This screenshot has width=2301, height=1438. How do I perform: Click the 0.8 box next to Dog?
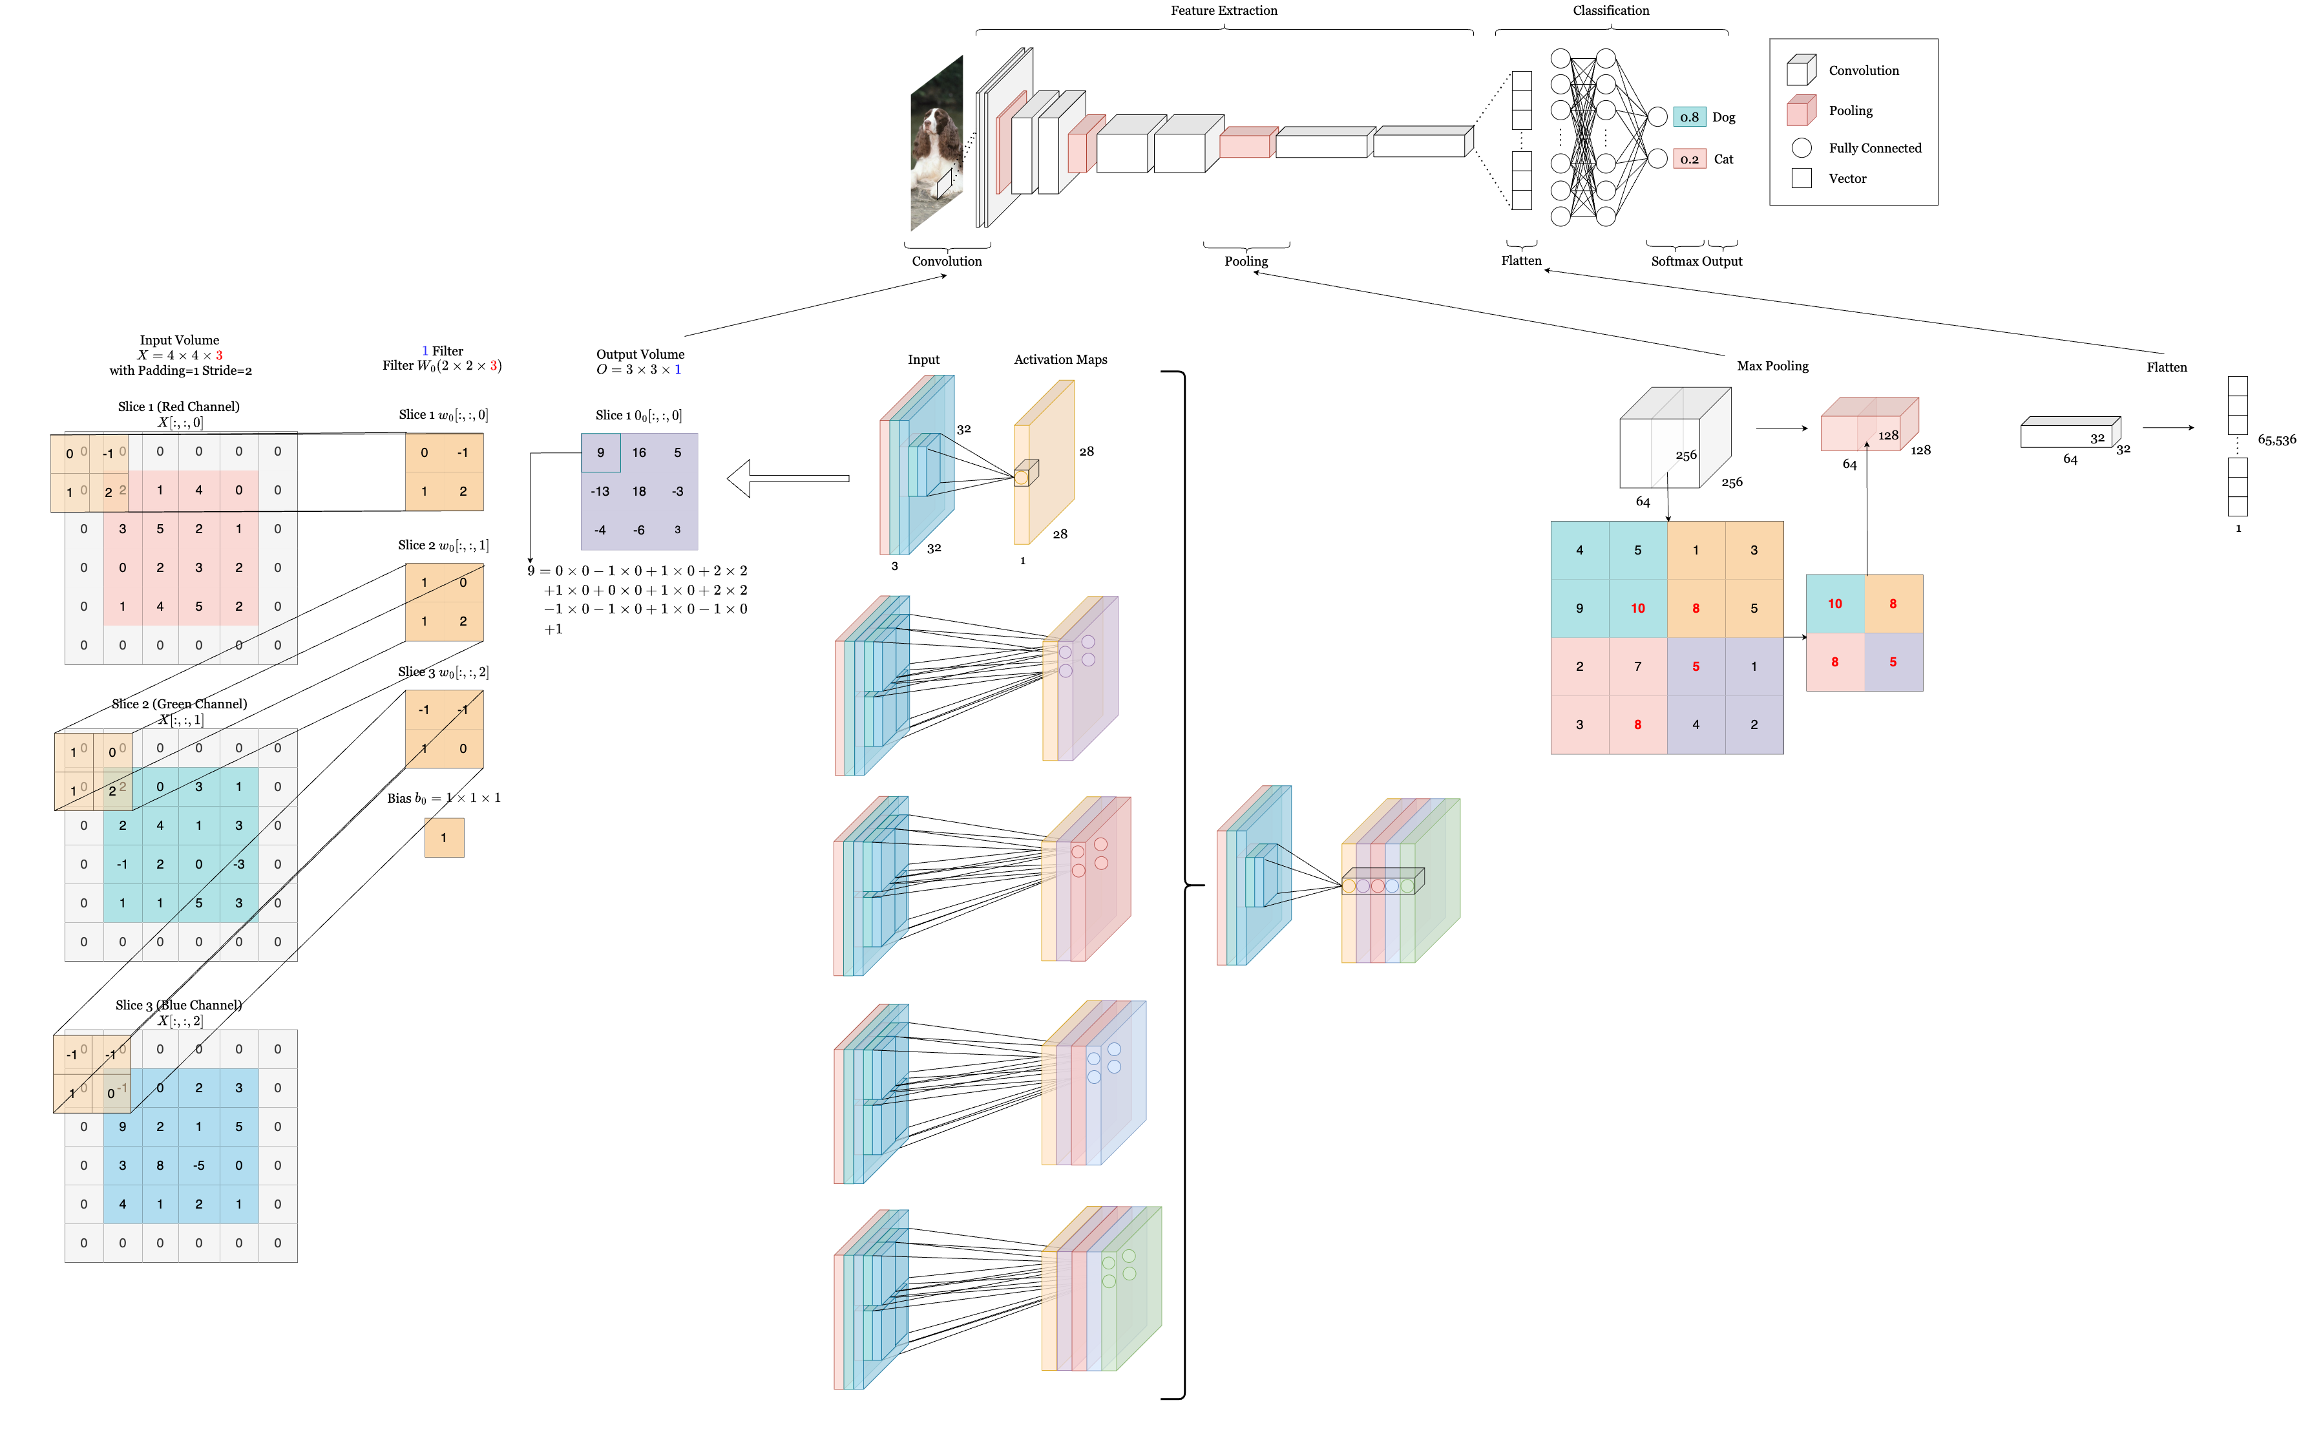coord(1688,117)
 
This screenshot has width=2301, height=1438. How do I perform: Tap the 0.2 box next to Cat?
coord(1688,159)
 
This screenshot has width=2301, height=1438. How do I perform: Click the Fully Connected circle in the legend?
coord(1801,147)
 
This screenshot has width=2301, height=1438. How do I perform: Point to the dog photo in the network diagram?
coord(936,143)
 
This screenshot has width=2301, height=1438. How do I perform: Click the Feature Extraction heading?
coord(1224,10)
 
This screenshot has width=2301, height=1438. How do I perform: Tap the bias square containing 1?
coord(444,838)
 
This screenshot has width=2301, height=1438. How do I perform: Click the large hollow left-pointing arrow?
coord(787,478)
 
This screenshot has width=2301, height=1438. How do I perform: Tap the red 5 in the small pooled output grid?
coord(1892,662)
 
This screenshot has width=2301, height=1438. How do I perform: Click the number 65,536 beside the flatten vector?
coord(2276,439)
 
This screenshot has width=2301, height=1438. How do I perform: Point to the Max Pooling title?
coord(1772,366)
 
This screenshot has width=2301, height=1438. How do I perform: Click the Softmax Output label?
coord(1696,262)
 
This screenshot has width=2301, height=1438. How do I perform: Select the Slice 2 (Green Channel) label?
coord(179,704)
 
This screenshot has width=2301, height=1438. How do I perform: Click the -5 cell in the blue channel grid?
coord(199,1165)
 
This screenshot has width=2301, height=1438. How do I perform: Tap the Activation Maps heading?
coord(1060,359)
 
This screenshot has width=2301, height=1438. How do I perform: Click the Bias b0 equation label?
coord(443,798)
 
